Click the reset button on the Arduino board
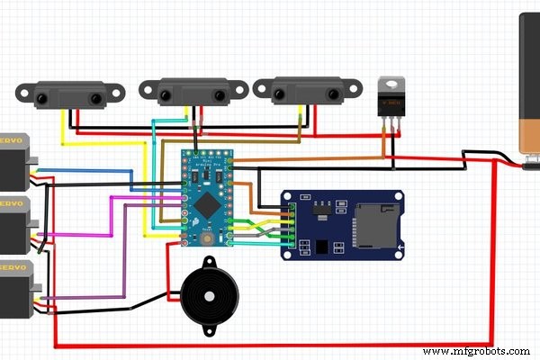210,238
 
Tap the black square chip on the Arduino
209,199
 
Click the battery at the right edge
531,90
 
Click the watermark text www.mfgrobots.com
479,350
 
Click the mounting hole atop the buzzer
209,262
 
